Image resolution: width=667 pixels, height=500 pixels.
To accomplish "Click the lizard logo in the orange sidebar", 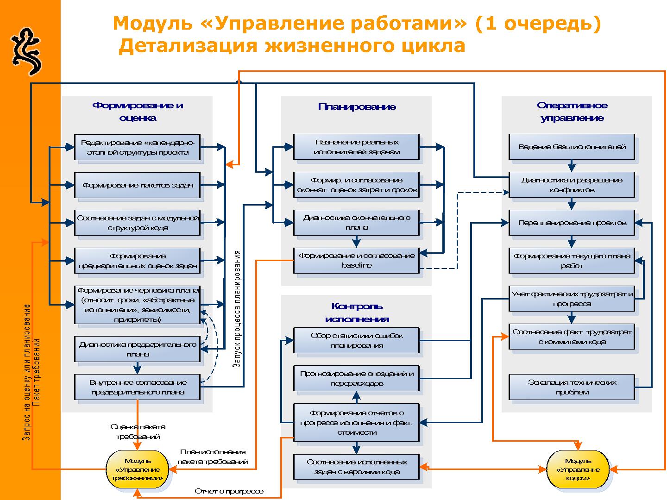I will coord(25,51).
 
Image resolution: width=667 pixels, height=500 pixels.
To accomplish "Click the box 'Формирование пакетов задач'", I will coord(137,185).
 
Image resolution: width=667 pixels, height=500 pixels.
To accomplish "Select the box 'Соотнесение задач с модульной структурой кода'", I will coord(137,223).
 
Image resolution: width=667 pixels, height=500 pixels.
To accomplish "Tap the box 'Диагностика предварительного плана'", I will coord(137,349).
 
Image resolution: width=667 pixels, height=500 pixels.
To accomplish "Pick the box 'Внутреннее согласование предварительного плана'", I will coord(137,387).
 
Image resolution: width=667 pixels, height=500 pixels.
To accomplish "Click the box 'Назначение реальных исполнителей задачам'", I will coord(356,147).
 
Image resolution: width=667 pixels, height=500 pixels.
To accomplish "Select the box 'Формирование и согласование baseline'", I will coord(356,260).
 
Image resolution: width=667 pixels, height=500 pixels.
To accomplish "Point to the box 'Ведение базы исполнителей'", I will coord(572,147).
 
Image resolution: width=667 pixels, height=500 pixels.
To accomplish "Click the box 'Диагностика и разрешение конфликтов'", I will coord(572,185).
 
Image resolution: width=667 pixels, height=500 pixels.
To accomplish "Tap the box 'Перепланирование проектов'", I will coord(572,223).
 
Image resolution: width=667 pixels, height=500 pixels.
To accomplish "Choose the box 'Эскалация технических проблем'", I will coord(572,387).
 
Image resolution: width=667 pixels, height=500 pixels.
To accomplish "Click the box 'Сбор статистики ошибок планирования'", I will coord(356,340).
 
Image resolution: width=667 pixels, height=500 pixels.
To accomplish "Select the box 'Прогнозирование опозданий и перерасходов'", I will coord(356,378).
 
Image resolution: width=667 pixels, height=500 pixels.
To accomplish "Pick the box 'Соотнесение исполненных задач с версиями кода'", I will coord(356,467).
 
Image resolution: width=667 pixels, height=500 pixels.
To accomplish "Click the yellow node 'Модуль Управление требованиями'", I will coord(137,469).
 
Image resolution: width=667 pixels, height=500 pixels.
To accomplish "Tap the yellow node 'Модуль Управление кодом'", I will coord(578,469).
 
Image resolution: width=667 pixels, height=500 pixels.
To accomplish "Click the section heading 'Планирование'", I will coord(357,107).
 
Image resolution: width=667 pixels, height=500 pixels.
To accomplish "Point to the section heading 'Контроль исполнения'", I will coord(357,312).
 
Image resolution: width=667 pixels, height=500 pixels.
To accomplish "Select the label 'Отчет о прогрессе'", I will coord(229,491).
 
